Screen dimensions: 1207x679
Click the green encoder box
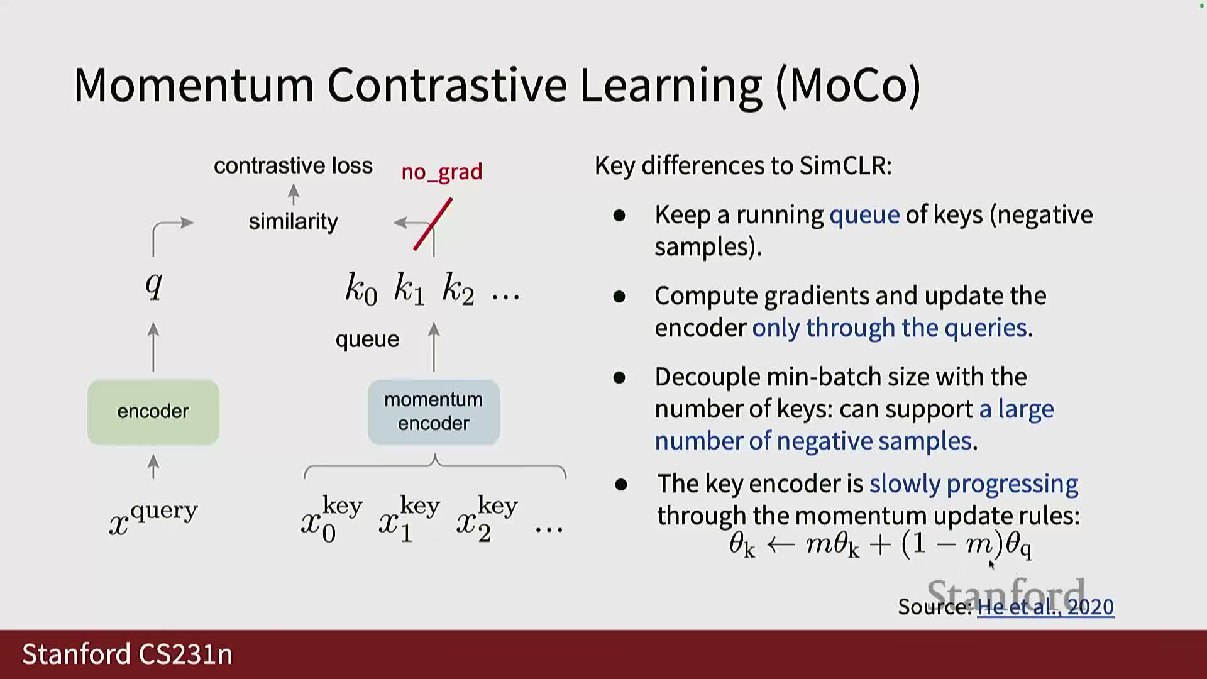tap(153, 412)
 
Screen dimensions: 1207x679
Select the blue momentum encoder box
tap(434, 412)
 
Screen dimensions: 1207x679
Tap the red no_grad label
tap(442, 172)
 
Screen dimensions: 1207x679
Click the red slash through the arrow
tap(433, 224)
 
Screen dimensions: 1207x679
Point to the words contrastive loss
tap(293, 166)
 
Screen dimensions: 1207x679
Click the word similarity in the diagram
tap(293, 221)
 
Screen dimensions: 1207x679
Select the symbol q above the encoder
tap(154, 285)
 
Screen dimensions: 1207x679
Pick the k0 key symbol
tap(361, 289)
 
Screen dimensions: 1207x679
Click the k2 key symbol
tap(458, 289)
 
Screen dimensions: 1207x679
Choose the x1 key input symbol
tap(409, 519)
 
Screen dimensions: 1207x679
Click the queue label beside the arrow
tap(367, 339)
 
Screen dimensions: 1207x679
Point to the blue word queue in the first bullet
tap(864, 215)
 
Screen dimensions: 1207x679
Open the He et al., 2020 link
tap(1045, 607)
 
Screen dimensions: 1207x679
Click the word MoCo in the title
tap(849, 85)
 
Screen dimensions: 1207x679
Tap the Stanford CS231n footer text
tap(128, 654)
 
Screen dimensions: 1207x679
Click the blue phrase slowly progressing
tap(974, 483)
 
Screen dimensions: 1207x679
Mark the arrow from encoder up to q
tap(153, 347)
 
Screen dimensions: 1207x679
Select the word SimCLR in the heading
tap(845, 165)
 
